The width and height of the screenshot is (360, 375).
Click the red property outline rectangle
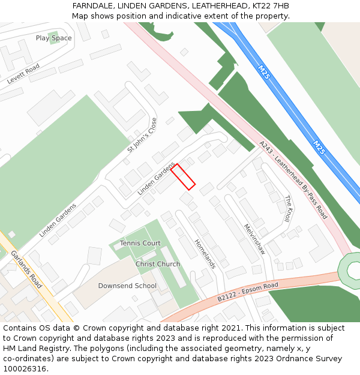(x=183, y=177)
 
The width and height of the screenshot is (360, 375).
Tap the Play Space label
(x=53, y=38)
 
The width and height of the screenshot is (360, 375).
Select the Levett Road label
(x=23, y=73)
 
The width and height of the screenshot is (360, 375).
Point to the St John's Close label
(x=142, y=133)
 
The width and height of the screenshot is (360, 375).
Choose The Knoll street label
(x=288, y=209)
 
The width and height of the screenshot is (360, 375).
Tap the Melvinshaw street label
(x=254, y=239)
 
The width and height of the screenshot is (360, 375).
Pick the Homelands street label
(x=204, y=253)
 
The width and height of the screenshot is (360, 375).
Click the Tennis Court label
(x=140, y=243)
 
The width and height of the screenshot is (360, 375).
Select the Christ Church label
(x=157, y=264)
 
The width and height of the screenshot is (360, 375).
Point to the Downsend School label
(x=127, y=286)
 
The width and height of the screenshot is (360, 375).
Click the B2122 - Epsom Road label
(x=248, y=290)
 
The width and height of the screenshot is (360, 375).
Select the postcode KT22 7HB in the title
(x=270, y=6)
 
